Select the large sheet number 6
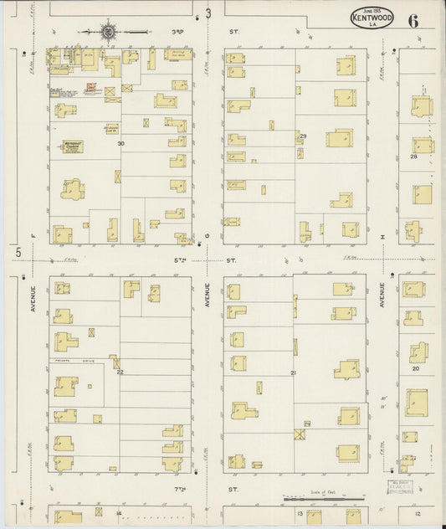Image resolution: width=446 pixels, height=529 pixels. click(x=414, y=20)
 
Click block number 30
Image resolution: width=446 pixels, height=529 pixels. click(x=120, y=143)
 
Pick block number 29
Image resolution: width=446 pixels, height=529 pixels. click(x=303, y=136)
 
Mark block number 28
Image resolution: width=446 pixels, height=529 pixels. click(x=413, y=157)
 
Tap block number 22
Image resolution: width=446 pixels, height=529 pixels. click(x=120, y=372)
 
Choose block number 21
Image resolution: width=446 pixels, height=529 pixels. click(x=294, y=372)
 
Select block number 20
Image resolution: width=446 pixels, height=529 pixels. click(x=415, y=368)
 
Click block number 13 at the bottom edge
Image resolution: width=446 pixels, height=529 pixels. click(x=299, y=513)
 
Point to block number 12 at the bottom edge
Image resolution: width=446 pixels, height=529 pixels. click(x=417, y=513)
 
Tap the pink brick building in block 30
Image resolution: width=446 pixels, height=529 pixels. click(x=94, y=86)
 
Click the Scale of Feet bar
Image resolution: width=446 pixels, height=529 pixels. click(x=316, y=500)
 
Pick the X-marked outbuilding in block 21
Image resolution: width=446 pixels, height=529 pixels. click(x=300, y=434)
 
